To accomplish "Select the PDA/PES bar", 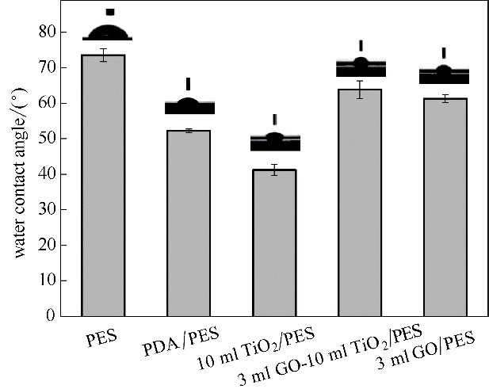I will pos(189,223).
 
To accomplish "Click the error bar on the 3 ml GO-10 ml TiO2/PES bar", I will pos(359,90).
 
